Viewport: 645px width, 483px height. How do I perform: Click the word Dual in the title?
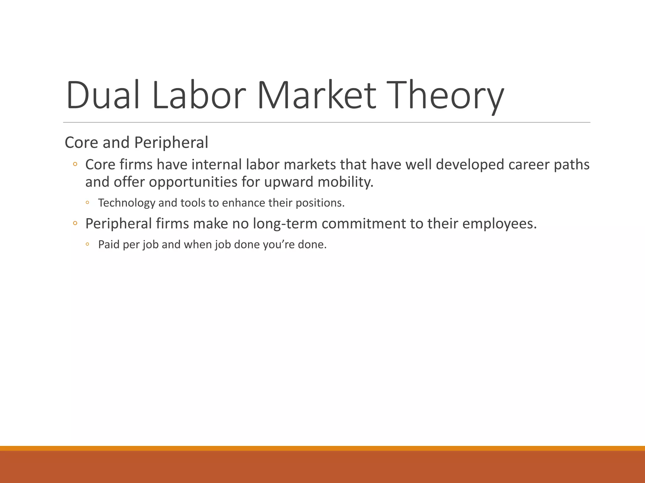(x=103, y=95)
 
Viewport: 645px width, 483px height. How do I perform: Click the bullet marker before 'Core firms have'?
(x=75, y=164)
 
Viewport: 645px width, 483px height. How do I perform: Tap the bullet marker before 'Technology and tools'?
(x=87, y=203)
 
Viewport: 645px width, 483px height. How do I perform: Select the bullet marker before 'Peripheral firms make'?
(x=75, y=223)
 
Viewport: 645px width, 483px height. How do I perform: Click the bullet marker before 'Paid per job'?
(x=87, y=244)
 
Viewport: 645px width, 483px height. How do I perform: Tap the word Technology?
(x=127, y=203)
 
